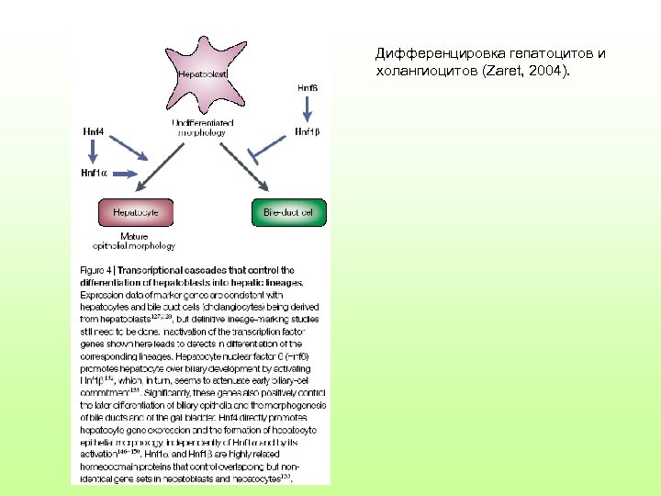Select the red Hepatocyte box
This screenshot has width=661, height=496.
pyautogui.click(x=135, y=212)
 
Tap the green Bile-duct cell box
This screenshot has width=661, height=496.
pyautogui.click(x=287, y=212)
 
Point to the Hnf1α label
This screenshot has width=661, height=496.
pyautogui.click(x=94, y=172)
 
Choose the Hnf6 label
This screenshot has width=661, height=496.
pyautogui.click(x=308, y=87)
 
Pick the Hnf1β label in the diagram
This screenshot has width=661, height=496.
pyautogui.click(x=308, y=131)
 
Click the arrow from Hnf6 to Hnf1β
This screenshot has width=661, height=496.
pyautogui.click(x=308, y=109)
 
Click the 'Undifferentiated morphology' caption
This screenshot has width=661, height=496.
pyautogui.click(x=202, y=127)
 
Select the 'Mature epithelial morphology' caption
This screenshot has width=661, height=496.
pyautogui.click(x=134, y=241)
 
